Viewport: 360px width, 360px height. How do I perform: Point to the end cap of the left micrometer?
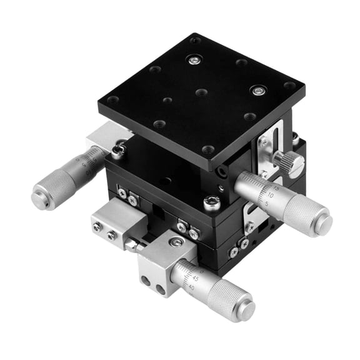click(x=39, y=199)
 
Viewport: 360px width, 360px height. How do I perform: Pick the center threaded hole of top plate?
click(x=201, y=92)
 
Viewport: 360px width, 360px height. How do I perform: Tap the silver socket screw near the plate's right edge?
click(x=257, y=91)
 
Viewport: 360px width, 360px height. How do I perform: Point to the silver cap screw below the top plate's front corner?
click(x=211, y=202)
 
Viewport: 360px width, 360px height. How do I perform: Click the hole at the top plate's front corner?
click(x=208, y=149)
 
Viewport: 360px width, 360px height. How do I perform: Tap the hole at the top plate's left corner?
click(x=112, y=100)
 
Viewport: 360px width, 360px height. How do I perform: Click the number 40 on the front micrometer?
click(x=190, y=288)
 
